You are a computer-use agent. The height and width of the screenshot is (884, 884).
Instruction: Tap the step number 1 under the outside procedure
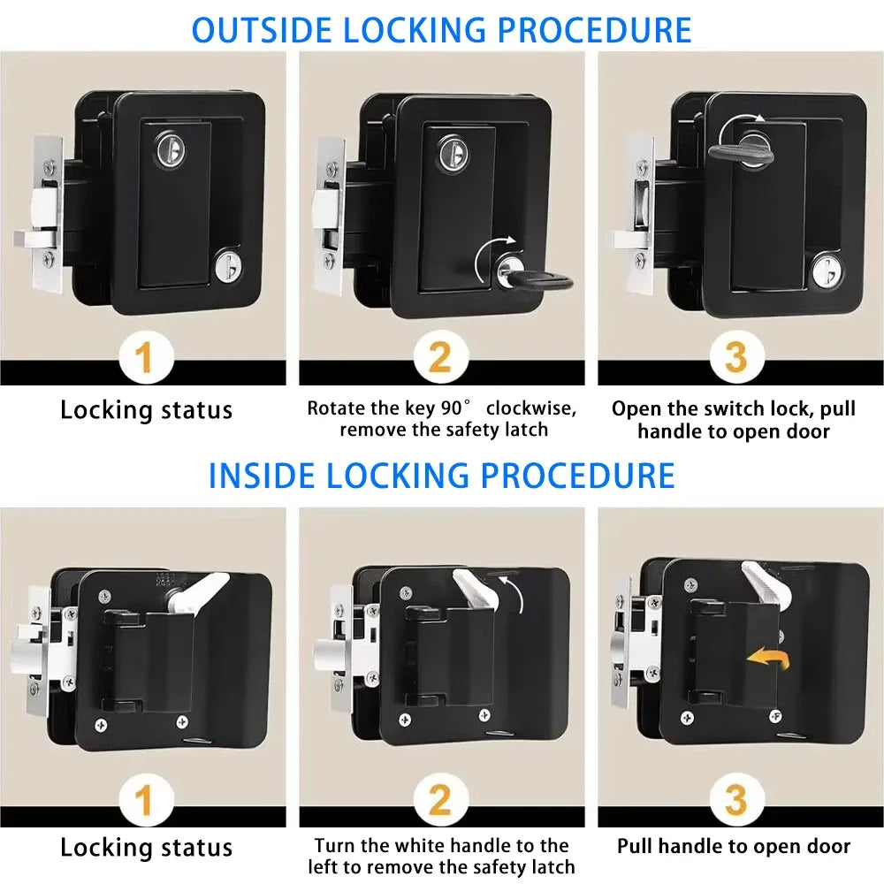144,358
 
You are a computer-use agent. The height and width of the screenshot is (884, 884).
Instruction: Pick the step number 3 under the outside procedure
735,358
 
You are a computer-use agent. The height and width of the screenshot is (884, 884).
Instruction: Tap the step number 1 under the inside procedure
144,803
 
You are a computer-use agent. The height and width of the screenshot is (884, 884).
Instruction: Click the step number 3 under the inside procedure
735,803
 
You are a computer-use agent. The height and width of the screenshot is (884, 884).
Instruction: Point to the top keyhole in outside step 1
168,149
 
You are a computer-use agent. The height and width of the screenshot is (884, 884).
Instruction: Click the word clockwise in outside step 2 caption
530,408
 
